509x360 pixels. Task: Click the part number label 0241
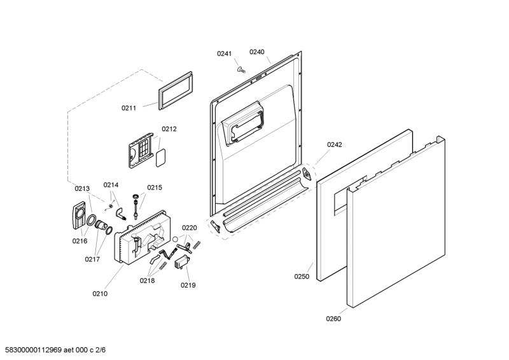pyautogui.click(x=225, y=53)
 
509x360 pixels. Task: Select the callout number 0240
pyautogui.click(x=257, y=52)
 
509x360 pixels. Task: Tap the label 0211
pyautogui.click(x=129, y=108)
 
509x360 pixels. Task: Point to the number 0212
pyautogui.click(x=169, y=129)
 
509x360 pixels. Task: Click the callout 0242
pyautogui.click(x=335, y=145)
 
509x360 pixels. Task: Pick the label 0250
pyautogui.click(x=302, y=277)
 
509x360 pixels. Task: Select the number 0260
pyautogui.click(x=333, y=319)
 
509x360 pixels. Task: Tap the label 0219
pyautogui.click(x=188, y=286)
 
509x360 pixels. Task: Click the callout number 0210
pyautogui.click(x=100, y=294)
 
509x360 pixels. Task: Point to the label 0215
pyautogui.click(x=155, y=188)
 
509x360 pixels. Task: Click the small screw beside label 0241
pyautogui.click(x=241, y=69)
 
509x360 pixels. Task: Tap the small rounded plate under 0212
pyautogui.click(x=161, y=158)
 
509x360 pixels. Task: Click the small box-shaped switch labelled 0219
pyautogui.click(x=181, y=261)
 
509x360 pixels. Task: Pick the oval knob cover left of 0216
pyautogui.click(x=78, y=215)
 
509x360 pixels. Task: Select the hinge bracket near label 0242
pyautogui.click(x=307, y=174)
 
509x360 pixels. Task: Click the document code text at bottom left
pyautogui.click(x=53, y=350)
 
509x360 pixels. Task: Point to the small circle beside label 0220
pyautogui.click(x=175, y=239)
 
